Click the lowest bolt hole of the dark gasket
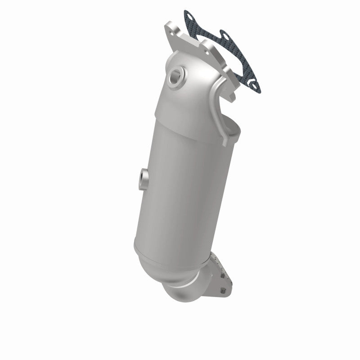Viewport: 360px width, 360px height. tap(255, 83)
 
